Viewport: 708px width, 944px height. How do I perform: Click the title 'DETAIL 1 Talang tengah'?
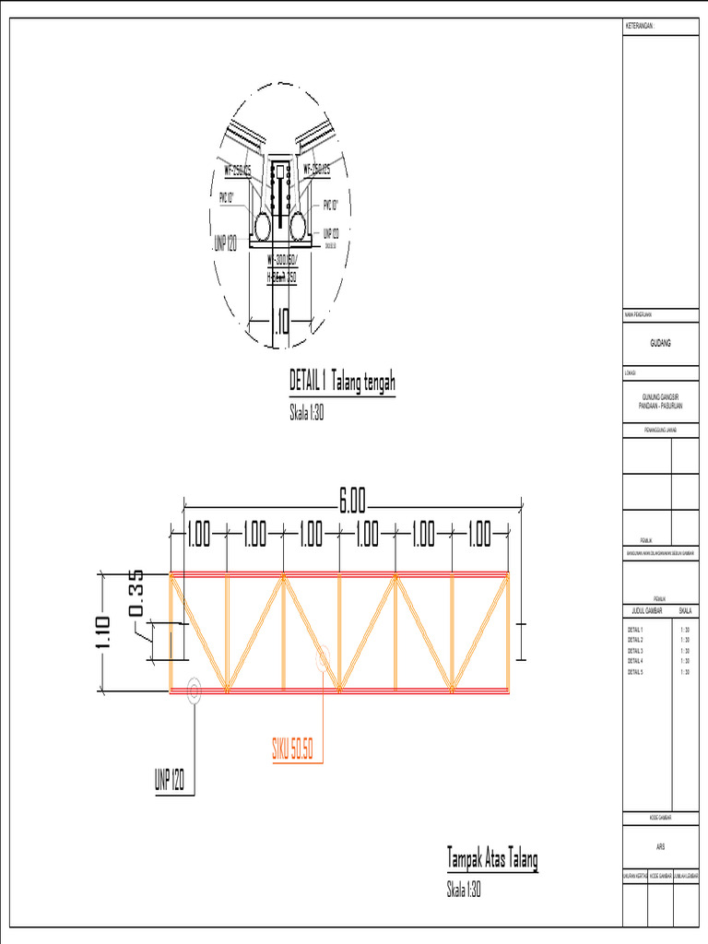point(343,382)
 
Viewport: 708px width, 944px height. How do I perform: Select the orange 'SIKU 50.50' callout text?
point(292,750)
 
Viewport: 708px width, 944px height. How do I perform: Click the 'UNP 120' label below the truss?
point(170,782)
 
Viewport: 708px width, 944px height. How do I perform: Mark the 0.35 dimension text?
point(136,594)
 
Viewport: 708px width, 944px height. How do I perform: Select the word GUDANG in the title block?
point(660,343)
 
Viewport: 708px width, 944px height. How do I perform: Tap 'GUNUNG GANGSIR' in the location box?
point(660,396)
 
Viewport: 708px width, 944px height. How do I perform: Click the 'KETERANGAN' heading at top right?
point(639,26)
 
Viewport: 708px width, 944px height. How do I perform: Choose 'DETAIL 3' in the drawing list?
point(634,651)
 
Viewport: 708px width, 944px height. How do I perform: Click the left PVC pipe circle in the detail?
point(263,224)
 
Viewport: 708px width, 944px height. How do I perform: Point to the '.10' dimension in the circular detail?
point(280,321)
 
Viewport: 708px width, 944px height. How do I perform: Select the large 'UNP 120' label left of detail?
point(225,243)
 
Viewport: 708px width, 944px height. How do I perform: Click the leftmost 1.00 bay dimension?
point(198,534)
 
